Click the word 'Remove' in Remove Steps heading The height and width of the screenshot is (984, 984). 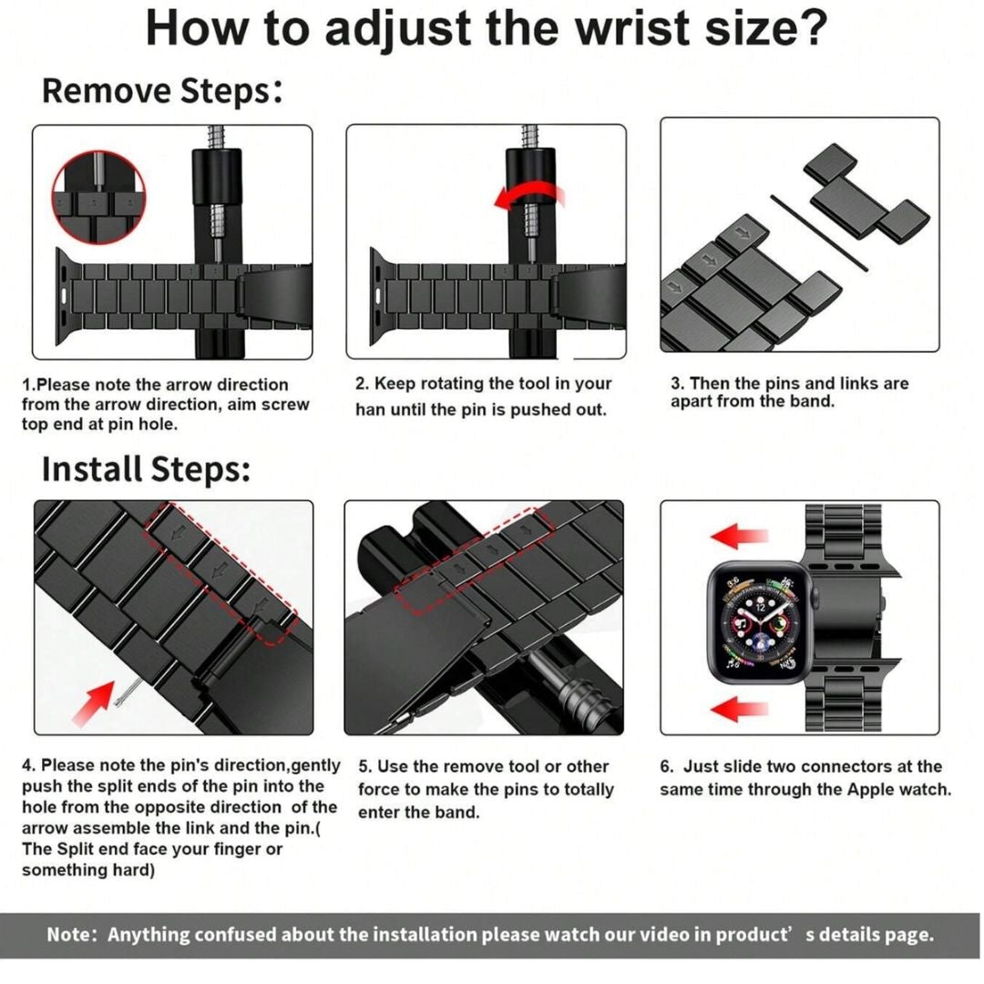106,90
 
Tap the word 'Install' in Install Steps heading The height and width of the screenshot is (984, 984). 92,469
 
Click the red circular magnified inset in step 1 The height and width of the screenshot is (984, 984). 98,198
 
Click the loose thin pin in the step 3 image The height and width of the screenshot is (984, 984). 819,233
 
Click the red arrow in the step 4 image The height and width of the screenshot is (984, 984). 94,703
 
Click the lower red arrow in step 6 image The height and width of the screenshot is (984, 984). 739,709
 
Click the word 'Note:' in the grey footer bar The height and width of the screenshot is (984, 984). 72,935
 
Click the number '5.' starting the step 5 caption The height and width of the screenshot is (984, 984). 365,767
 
